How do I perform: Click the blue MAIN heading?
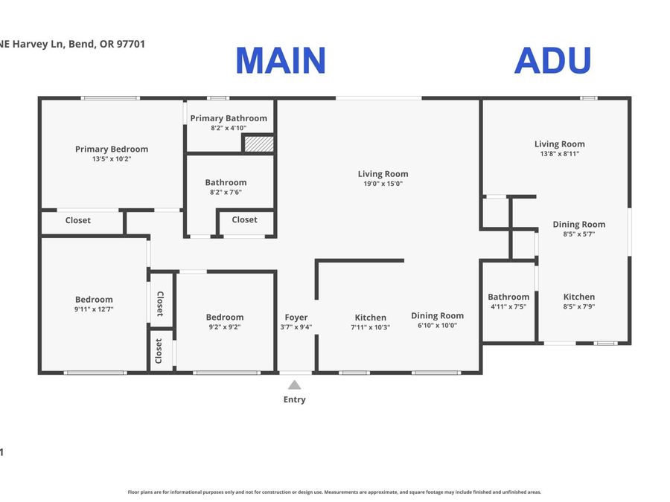(x=281, y=60)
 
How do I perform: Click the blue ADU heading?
(x=553, y=60)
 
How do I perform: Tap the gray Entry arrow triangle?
(x=294, y=385)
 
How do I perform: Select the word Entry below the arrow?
(x=294, y=399)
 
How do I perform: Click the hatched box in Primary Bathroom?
(x=259, y=144)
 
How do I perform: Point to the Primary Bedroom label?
(x=112, y=149)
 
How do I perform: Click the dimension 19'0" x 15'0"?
(x=383, y=184)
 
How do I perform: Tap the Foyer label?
(x=296, y=317)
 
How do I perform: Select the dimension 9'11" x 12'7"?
(x=94, y=309)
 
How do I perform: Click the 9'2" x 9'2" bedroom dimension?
(x=225, y=327)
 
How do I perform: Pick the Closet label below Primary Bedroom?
(x=77, y=220)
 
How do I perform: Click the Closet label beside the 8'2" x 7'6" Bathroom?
(x=244, y=219)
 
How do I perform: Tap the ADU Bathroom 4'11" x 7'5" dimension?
(x=508, y=306)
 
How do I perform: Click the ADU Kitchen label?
(x=579, y=297)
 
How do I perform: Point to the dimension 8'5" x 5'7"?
(x=579, y=234)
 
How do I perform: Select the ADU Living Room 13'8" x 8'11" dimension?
(x=560, y=154)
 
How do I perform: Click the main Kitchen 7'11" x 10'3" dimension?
(x=371, y=327)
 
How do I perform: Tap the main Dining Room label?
(x=438, y=315)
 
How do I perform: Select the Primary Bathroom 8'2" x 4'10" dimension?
(x=229, y=128)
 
